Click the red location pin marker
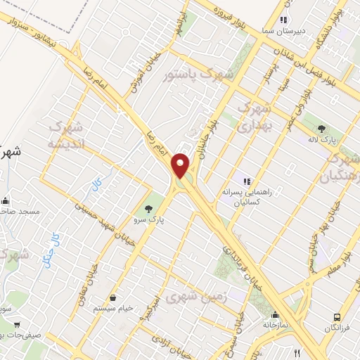pos(181,165)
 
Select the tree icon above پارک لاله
pos(321,128)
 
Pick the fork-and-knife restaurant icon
pos(297,354)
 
